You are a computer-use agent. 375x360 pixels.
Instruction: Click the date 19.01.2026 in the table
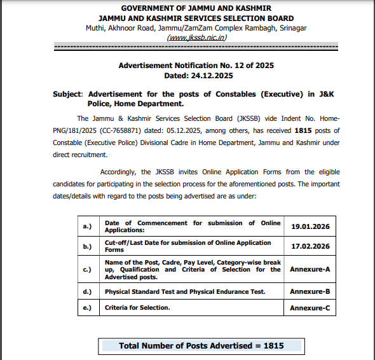[x=310, y=226]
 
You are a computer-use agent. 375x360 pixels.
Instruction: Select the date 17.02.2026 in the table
[x=310, y=246]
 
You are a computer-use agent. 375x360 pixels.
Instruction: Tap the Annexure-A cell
[x=310, y=269]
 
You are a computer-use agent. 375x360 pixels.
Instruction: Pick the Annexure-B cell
[x=310, y=291]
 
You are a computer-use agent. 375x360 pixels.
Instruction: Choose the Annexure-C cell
[x=310, y=308]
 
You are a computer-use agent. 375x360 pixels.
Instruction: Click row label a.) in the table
[x=86, y=226]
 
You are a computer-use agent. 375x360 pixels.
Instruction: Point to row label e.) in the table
[x=86, y=308]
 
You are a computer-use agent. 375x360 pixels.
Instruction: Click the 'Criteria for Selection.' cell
[x=137, y=308]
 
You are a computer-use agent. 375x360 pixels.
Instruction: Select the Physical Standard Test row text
[x=184, y=291]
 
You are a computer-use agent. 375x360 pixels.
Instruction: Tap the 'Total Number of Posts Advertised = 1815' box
[x=201, y=346]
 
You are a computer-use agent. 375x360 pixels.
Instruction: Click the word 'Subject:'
[x=68, y=93]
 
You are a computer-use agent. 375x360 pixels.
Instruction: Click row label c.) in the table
[x=86, y=269]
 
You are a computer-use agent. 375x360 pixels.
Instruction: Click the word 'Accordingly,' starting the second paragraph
[x=119, y=172]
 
